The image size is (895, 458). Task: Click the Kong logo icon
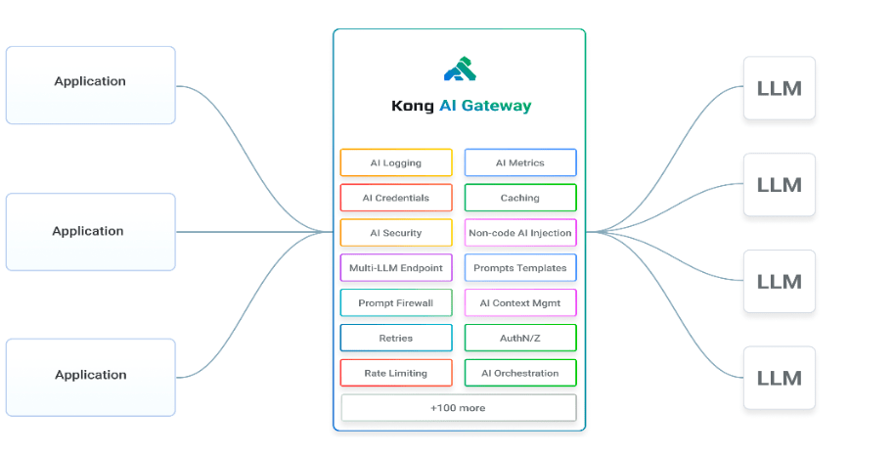(459, 69)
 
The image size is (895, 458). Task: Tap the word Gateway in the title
(499, 106)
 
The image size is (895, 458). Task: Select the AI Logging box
(396, 162)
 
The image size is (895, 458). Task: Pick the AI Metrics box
(520, 162)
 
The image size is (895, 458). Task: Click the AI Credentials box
(396, 198)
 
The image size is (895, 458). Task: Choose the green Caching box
(520, 198)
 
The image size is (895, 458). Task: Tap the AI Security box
(396, 233)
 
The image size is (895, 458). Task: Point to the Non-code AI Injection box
(520, 233)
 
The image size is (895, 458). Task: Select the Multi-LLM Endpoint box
(396, 268)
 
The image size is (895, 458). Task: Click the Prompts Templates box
(520, 268)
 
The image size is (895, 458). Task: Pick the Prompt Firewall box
(396, 303)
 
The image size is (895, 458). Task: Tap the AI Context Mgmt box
(520, 303)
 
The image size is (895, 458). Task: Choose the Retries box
(396, 338)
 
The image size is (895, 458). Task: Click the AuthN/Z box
(520, 338)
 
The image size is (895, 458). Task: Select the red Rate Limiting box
(396, 373)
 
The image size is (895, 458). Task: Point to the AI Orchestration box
(520, 373)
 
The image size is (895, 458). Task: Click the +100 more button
(458, 407)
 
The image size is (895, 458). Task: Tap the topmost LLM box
(779, 88)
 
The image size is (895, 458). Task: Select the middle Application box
(90, 232)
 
